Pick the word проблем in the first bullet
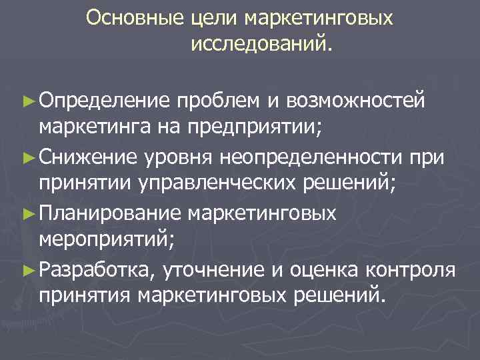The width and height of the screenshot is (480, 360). point(217,101)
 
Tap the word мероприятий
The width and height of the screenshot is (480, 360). point(103,239)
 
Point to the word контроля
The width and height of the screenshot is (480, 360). point(421,268)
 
